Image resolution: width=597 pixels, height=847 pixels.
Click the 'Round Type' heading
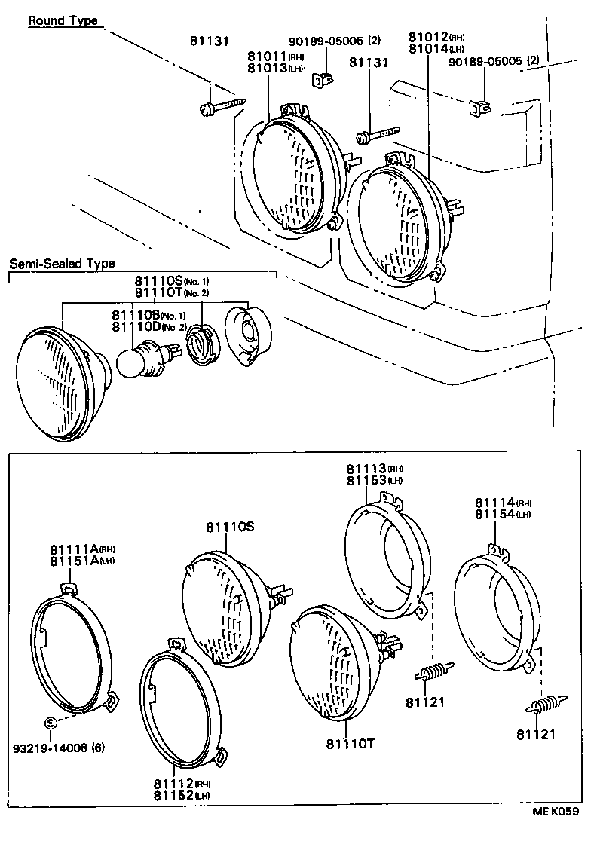point(63,21)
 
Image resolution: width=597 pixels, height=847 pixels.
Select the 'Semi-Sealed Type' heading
point(62,264)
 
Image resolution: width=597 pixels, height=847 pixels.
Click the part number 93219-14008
point(43,748)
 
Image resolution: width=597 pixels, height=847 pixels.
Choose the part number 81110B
point(133,315)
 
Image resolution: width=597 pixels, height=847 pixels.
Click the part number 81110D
point(133,326)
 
